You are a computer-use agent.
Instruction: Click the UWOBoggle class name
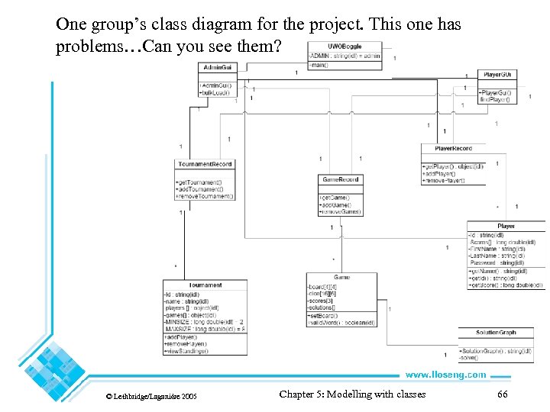(x=345, y=47)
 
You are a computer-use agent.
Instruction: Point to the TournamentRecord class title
(x=205, y=164)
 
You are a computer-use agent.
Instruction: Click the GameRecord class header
(x=340, y=180)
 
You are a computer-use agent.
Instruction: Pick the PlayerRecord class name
(x=453, y=148)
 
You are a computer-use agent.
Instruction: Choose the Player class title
(x=506, y=226)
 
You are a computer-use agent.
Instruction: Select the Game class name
(x=341, y=277)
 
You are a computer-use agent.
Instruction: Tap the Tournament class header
(x=205, y=285)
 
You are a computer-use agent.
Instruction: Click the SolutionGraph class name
(x=496, y=333)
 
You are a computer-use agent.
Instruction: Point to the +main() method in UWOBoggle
(x=319, y=65)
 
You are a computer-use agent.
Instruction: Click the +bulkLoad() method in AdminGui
(x=216, y=92)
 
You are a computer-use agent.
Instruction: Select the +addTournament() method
(x=199, y=189)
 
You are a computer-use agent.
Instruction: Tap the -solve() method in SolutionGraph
(x=469, y=357)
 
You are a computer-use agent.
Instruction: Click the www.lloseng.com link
(x=445, y=375)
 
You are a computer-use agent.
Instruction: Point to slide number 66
(x=502, y=394)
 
